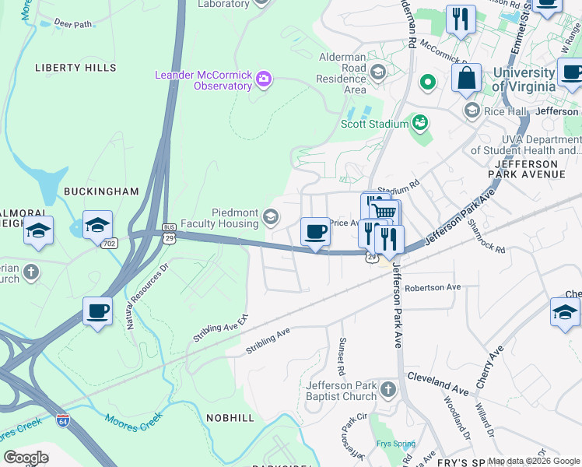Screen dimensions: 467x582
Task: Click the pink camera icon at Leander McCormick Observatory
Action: [264, 78]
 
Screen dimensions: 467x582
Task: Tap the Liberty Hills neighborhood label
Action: [75, 68]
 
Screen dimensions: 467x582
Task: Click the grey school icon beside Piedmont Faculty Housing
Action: [271, 217]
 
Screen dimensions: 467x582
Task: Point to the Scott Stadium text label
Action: [374, 124]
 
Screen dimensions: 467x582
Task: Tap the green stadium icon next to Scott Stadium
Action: [420, 122]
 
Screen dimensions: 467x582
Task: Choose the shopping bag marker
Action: [467, 79]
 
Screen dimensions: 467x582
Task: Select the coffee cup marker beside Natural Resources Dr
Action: [98, 311]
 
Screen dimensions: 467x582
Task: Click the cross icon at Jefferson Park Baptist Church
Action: [389, 388]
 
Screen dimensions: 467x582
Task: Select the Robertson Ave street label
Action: [433, 287]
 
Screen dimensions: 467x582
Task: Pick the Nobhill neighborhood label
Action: [230, 418]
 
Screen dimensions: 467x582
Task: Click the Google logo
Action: [26, 458]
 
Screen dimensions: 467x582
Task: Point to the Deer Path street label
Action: [73, 24]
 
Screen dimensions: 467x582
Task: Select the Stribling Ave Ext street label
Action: [220, 329]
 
